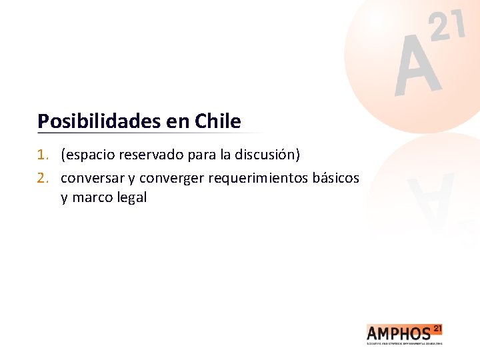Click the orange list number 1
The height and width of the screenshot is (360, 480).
pos(43,155)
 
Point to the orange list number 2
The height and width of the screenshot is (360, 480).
pos(43,178)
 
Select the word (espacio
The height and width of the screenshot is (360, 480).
pos(87,156)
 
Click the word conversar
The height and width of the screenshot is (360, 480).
pos(90,178)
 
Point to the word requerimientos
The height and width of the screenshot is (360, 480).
pos(258,179)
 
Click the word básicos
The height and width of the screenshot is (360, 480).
pos(336,178)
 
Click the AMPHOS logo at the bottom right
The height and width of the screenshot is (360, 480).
pos(403,332)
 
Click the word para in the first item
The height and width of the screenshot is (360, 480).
pos(197,156)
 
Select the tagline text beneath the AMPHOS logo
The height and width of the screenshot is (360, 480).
pos(404,343)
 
